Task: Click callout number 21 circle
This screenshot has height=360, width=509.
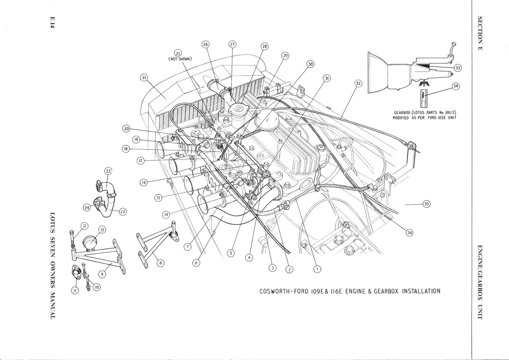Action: point(144,78)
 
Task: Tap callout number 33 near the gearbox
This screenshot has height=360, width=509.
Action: point(458,68)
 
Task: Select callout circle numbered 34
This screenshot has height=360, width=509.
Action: point(456,86)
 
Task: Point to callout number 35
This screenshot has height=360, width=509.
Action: point(427,204)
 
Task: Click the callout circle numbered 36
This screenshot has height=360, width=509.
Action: point(409,233)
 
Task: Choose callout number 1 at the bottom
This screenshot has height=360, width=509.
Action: point(317,269)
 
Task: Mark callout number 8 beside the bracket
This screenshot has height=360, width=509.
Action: point(160,263)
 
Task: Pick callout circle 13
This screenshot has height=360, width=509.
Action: point(101,230)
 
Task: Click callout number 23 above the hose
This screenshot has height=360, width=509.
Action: point(109,171)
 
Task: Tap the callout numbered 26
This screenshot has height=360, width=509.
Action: point(206,45)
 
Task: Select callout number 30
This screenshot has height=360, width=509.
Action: point(311,64)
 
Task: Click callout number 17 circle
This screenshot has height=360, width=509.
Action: point(140,161)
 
